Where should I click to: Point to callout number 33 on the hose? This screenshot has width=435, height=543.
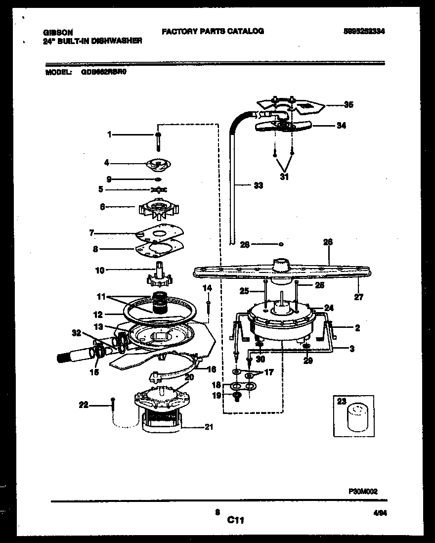click(x=258, y=186)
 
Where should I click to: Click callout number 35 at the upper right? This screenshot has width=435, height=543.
click(x=349, y=105)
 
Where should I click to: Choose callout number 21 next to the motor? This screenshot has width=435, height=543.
click(x=209, y=427)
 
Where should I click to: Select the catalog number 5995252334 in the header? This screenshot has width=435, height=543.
click(x=364, y=31)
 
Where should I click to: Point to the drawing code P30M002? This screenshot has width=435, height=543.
click(x=363, y=491)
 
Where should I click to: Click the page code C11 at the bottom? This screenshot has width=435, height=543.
click(x=236, y=520)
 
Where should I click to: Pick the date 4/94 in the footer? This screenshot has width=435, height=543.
click(x=380, y=514)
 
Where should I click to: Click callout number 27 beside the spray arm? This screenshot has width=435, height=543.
click(x=359, y=297)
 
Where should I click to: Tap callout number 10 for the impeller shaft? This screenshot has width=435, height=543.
click(x=99, y=270)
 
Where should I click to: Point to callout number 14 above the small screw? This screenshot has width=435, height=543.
click(x=208, y=287)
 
